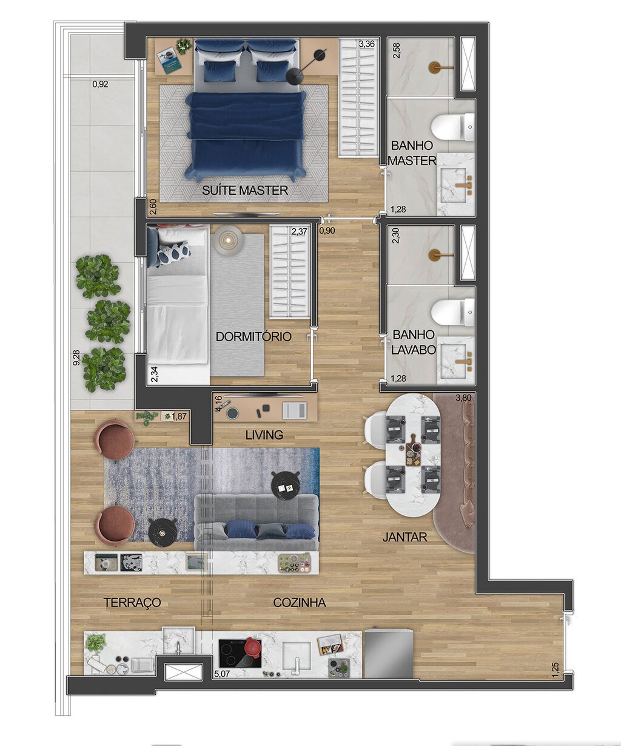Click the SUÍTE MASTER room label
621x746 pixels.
(245, 191)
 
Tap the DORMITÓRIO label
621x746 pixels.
(253, 336)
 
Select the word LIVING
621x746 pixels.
(264, 435)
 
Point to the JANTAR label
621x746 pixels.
(404, 537)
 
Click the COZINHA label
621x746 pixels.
(299, 603)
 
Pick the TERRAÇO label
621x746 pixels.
(132, 603)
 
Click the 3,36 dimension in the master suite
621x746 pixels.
(366, 44)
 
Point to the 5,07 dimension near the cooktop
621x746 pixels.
(223, 673)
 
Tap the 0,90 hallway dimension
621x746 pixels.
(327, 231)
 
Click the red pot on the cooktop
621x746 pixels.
(252, 647)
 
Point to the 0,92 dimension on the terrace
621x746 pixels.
(100, 84)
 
